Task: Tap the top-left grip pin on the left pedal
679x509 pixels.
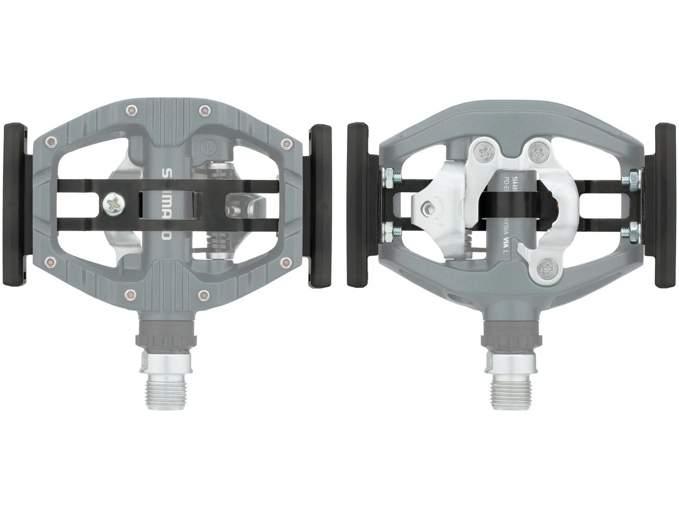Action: click(129, 110)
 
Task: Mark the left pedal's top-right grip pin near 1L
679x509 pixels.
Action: click(203, 110)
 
